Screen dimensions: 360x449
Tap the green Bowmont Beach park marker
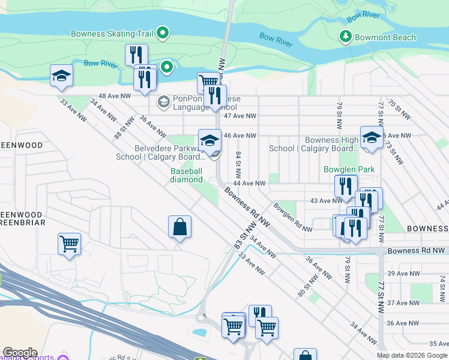click(345, 37)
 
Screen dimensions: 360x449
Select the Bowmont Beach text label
click(385, 37)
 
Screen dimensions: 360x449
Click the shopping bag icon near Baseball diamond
click(179, 227)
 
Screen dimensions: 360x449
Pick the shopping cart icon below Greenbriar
click(70, 244)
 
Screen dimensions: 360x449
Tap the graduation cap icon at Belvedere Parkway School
click(209, 140)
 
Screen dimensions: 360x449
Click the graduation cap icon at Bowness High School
click(372, 137)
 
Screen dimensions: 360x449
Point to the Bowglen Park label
click(349, 169)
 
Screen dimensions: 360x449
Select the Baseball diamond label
click(186, 175)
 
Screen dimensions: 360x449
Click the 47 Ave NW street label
click(240, 116)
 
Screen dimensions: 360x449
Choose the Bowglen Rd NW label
click(292, 217)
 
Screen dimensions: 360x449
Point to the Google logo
click(19, 353)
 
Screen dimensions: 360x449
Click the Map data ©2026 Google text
click(412, 355)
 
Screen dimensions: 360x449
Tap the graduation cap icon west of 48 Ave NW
click(61, 76)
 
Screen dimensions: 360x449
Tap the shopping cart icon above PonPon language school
click(208, 82)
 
